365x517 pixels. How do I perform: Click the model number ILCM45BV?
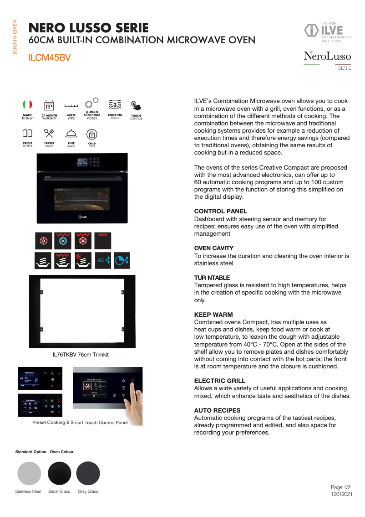click(49, 58)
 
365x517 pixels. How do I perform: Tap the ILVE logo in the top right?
click(327, 31)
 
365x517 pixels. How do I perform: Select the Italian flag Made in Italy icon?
click(27, 105)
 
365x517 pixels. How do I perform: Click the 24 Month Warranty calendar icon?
click(49, 105)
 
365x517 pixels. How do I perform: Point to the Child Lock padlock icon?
click(92, 134)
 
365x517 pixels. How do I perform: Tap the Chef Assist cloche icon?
click(71, 134)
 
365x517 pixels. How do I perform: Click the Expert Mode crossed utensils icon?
click(49, 133)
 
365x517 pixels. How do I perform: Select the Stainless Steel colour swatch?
click(29, 473)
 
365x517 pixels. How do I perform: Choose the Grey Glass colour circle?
click(88, 473)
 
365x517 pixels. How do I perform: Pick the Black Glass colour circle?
click(59, 473)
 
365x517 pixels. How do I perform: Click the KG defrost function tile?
click(103, 260)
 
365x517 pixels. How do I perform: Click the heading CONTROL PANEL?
click(220, 212)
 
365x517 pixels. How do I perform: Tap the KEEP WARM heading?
click(213, 315)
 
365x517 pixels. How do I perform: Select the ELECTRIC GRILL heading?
click(219, 381)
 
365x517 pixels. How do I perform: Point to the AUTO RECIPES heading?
click(217, 410)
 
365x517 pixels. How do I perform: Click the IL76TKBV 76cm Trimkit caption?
click(81, 355)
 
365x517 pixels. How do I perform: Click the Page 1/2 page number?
click(341, 487)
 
